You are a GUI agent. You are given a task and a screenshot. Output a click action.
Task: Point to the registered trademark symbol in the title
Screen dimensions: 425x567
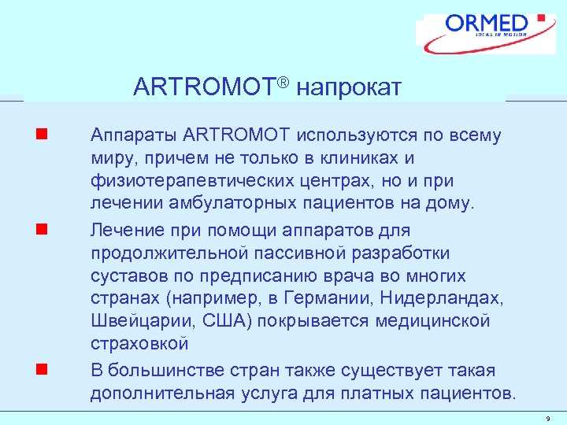287,80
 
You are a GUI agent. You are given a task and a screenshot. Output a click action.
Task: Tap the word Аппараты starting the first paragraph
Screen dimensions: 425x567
127,136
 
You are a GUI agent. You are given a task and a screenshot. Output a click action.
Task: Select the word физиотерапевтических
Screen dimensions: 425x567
182,182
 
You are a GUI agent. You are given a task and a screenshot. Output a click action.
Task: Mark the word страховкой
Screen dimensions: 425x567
139,345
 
